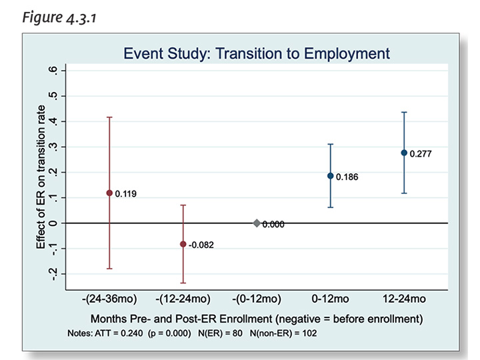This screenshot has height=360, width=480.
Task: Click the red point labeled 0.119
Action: tap(109, 193)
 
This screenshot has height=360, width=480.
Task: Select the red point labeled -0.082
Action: tap(183, 244)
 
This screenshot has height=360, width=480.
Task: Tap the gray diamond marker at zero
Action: tap(257, 223)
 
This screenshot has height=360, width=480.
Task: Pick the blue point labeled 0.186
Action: tap(330, 176)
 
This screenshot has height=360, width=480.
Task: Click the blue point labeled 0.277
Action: tap(404, 153)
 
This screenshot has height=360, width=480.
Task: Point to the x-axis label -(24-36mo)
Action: tap(109, 299)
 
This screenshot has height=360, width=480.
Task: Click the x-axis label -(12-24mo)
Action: tap(183, 299)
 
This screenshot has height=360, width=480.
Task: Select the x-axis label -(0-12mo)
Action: tap(257, 299)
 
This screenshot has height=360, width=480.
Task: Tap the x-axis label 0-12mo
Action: tap(330, 299)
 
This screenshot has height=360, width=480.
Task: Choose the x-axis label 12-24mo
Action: tap(404, 299)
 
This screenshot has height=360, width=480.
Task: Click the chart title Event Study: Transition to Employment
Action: tap(257, 53)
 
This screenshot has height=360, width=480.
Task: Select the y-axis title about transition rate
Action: tap(41, 177)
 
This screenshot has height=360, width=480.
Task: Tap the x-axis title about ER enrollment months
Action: tap(257, 319)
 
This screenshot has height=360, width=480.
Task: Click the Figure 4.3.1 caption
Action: tap(59, 17)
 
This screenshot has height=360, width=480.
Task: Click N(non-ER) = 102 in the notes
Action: tap(283, 333)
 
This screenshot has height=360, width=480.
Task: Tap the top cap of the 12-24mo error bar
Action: tap(404, 113)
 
